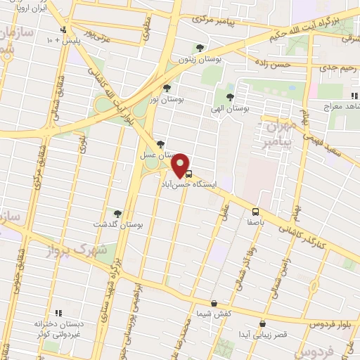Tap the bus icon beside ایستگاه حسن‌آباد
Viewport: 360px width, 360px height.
(188, 174)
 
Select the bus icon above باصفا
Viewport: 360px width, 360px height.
(255, 211)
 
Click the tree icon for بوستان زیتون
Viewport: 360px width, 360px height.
(202, 49)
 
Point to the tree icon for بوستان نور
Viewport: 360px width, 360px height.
(167, 89)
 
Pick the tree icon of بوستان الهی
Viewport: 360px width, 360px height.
(230, 97)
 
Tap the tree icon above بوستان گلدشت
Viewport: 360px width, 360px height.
(117, 214)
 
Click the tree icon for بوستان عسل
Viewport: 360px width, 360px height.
(162, 143)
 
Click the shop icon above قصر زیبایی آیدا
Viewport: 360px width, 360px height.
(262, 324)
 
